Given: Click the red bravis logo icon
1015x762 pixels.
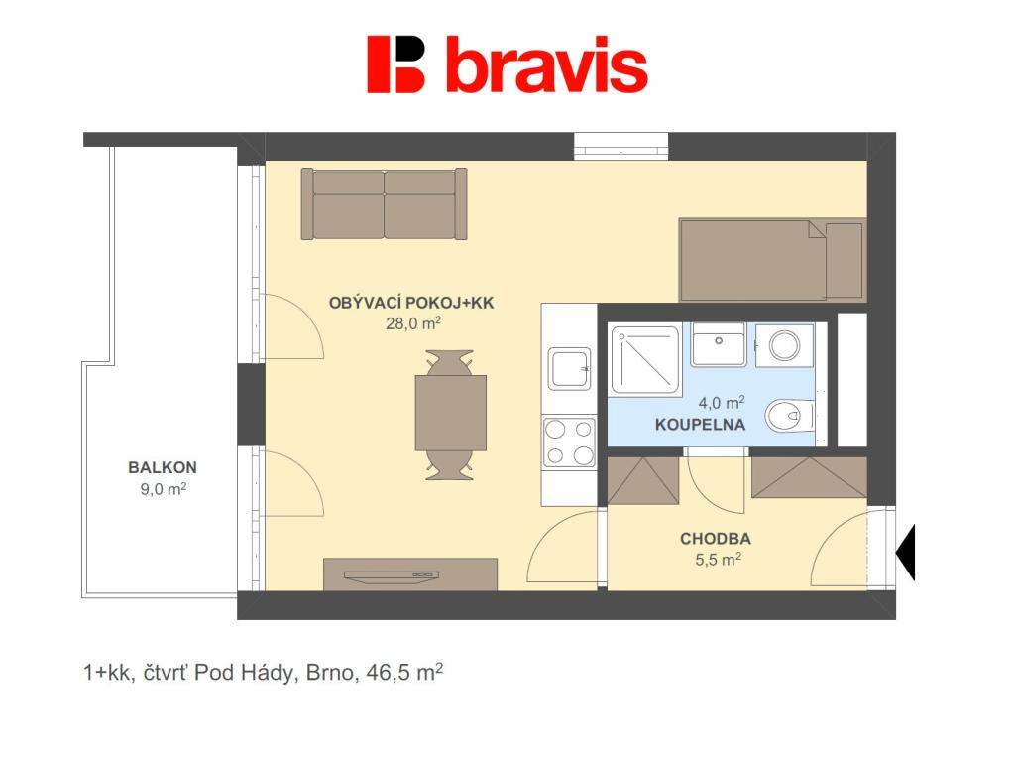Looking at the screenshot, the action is (395, 64).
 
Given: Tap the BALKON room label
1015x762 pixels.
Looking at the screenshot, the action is (163, 467).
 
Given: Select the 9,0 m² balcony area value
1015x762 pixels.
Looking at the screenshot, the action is (164, 488).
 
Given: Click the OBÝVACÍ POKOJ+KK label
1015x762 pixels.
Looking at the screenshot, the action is (411, 303).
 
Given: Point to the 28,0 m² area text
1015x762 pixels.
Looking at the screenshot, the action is (413, 322).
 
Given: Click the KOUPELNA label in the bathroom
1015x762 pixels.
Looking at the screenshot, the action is (701, 425).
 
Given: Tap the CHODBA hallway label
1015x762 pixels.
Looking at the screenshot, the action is (716, 539).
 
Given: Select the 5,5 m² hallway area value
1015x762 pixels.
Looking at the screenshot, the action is (718, 559).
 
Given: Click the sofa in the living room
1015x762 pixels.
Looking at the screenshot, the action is (384, 204).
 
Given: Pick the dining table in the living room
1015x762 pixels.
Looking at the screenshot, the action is (450, 414).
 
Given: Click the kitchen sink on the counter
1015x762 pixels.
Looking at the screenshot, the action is (570, 369).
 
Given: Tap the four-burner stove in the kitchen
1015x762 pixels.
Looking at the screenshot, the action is (569, 442).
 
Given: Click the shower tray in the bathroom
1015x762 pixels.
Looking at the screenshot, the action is (644, 359).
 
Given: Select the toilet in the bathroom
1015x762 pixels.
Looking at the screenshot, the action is (789, 416).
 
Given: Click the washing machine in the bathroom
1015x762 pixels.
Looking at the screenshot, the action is (784, 345).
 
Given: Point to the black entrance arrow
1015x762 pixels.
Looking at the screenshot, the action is (905, 552).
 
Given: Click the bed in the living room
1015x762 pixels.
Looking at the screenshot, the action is (772, 260).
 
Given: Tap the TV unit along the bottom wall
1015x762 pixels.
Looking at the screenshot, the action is (410, 574).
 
